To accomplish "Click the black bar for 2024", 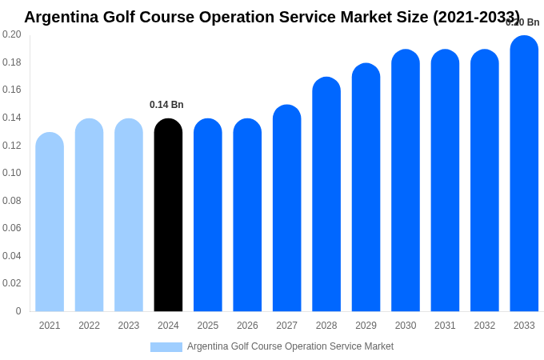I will pyautogui.click(x=168, y=216).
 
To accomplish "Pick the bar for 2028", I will pyautogui.click(x=326, y=195).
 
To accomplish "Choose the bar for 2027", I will pyautogui.click(x=287, y=209).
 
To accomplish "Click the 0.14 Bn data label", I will pyautogui.click(x=166, y=105).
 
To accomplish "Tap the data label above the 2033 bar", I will pyautogui.click(x=522, y=22).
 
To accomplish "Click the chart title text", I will pyautogui.click(x=272, y=17).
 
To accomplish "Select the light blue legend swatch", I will pyautogui.click(x=166, y=347).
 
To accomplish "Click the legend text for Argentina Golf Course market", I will pyautogui.click(x=290, y=346).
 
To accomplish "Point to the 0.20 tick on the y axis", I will pyautogui.click(x=12, y=34).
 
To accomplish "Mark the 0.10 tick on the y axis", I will pyautogui.click(x=12, y=173).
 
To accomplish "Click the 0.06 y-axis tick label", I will pyautogui.click(x=12, y=228).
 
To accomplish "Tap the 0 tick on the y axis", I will pyautogui.click(x=18, y=311).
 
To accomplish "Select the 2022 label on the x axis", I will pyautogui.click(x=89, y=326).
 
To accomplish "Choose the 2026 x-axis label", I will pyautogui.click(x=247, y=326).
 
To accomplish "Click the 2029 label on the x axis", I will pyautogui.click(x=366, y=326).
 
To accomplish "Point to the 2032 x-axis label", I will pyautogui.click(x=485, y=326).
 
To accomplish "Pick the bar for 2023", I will pyautogui.click(x=129, y=216).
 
